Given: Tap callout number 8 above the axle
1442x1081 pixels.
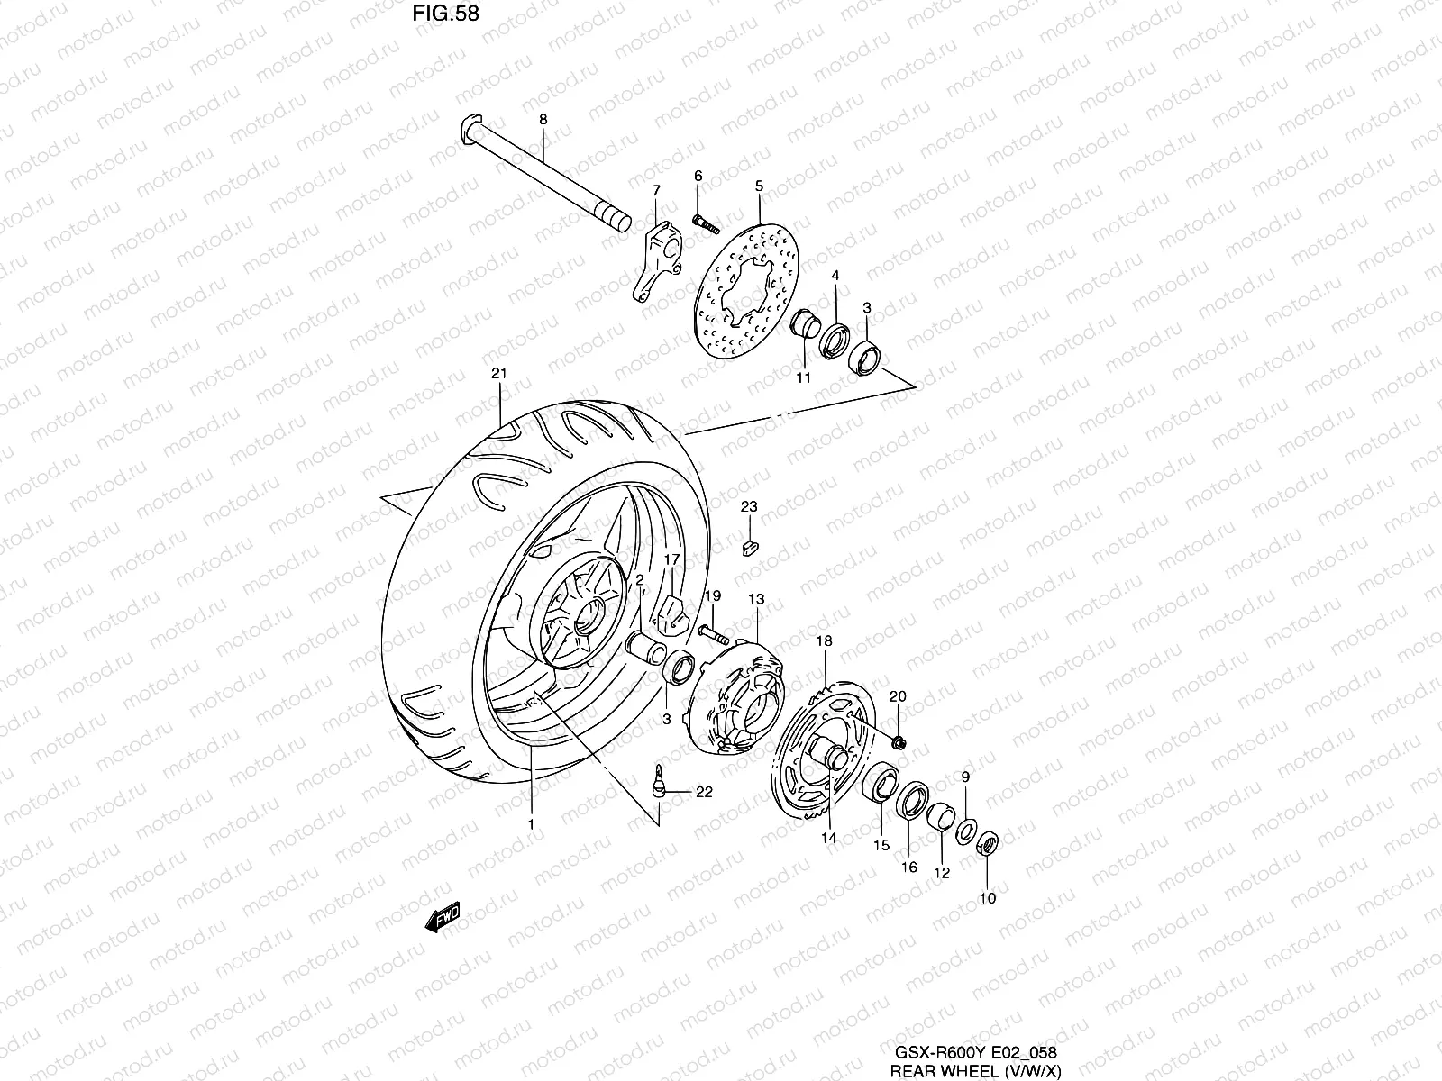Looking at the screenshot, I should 543,119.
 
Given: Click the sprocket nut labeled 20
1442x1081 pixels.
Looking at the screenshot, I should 900,741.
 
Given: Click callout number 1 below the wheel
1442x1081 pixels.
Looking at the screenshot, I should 532,823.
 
